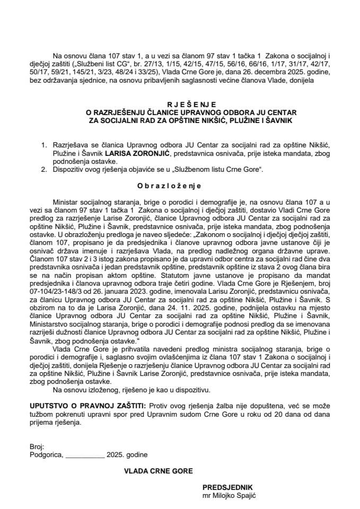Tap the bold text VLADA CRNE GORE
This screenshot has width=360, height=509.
click(159, 470)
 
